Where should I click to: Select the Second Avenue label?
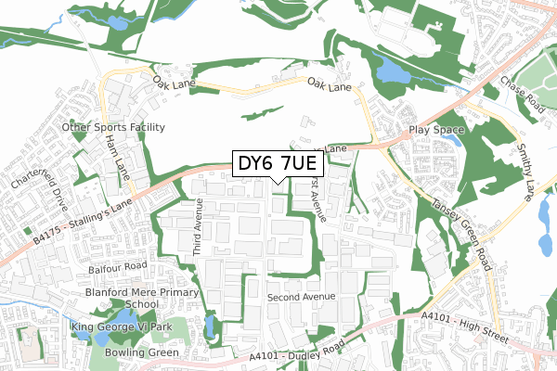coord(299,298)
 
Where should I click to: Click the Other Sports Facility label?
coord(113,127)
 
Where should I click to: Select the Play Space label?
coord(435,130)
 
